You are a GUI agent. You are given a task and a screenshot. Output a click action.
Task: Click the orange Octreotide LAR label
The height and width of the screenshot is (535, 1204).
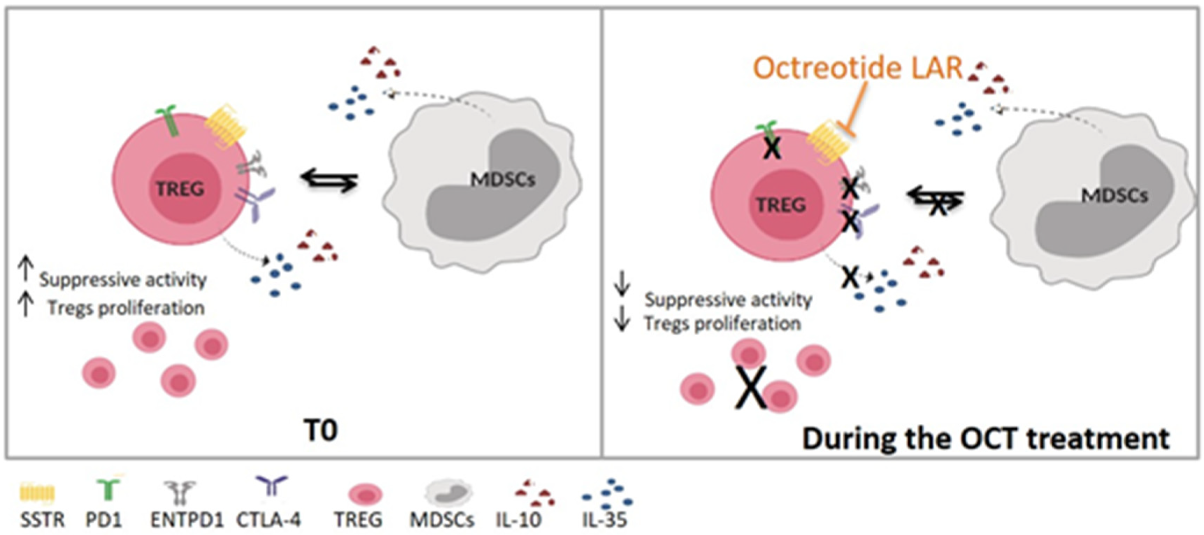click(x=858, y=68)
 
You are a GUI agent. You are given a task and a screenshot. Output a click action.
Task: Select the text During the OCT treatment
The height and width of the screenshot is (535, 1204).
click(x=986, y=438)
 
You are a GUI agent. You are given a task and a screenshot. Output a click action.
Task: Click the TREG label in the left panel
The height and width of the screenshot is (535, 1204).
click(x=180, y=189)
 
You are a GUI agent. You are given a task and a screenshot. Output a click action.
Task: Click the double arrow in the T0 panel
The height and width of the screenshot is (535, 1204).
click(x=330, y=180)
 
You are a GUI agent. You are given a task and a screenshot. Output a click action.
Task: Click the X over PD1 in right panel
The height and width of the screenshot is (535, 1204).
click(x=772, y=149)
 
